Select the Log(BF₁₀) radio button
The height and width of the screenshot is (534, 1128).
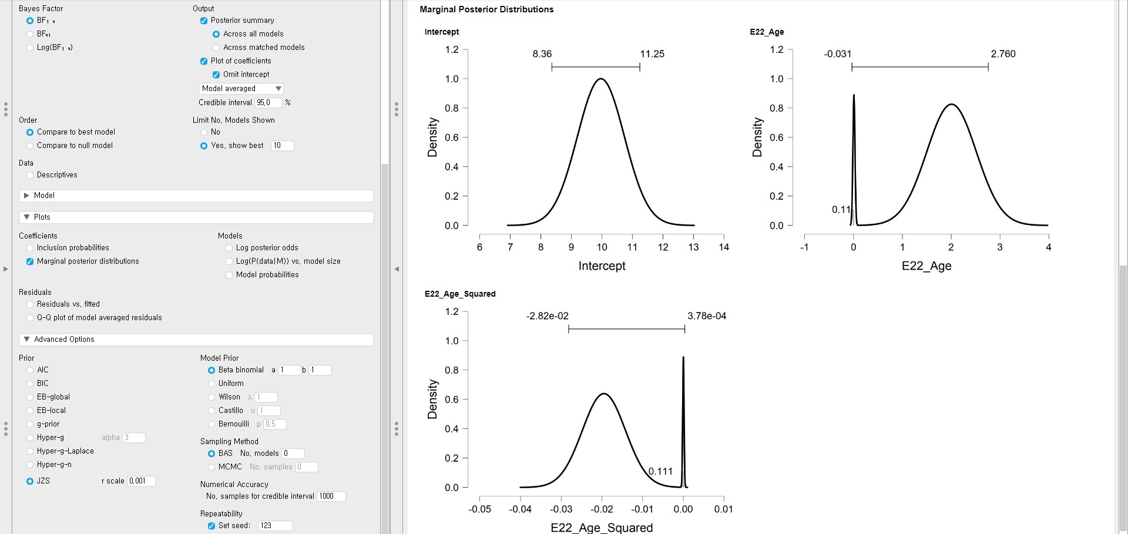[30, 48]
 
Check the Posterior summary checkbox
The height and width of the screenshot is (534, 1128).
[204, 21]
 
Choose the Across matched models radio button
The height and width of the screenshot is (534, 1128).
[216, 48]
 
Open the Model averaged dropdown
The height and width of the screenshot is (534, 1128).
[241, 89]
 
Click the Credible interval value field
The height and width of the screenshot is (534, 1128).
[268, 103]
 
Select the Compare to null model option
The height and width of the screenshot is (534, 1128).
[30, 146]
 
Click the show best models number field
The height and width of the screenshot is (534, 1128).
[282, 146]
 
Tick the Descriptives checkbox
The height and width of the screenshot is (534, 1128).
[30, 175]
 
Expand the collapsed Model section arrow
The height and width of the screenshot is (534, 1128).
[26, 196]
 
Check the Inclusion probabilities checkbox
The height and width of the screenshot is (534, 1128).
[30, 248]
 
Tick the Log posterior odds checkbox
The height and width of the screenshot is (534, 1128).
[229, 248]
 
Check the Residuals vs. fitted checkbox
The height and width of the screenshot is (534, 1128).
[30, 304]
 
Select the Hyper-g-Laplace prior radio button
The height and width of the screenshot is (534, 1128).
[30, 451]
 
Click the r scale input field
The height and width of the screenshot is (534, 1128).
[142, 481]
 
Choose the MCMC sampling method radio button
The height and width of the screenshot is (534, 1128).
[211, 467]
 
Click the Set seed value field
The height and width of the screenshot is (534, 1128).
[275, 526]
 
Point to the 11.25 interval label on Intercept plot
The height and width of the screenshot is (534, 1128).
[652, 54]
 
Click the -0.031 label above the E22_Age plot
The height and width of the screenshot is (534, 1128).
[837, 54]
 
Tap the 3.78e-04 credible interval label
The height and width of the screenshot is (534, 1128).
[707, 316]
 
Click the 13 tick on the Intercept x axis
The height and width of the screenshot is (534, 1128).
[693, 247]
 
